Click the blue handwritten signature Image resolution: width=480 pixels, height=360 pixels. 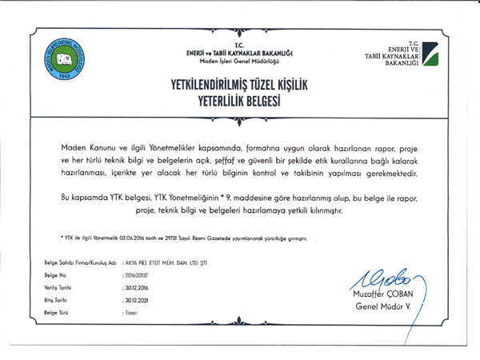(384, 280)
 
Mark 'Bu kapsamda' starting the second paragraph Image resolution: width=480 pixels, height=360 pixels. (84, 195)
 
